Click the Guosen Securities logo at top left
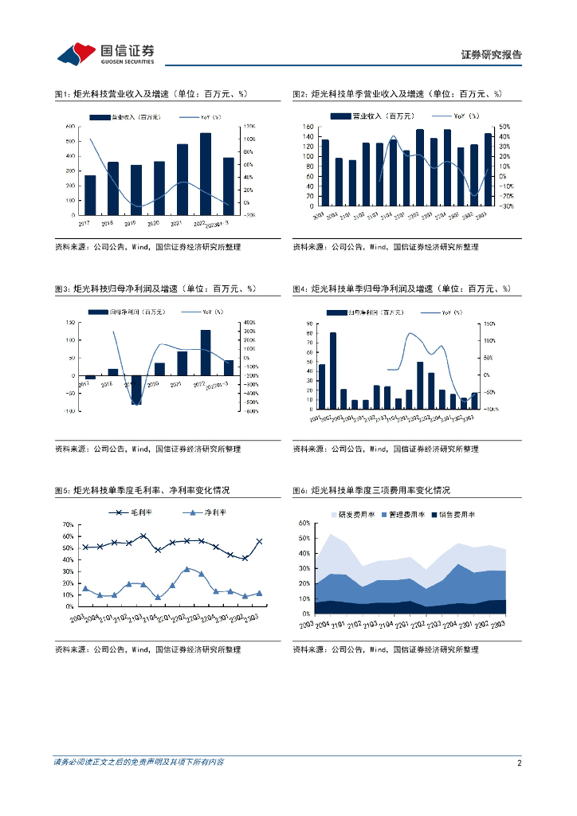[105, 53]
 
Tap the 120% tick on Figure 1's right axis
[248, 127]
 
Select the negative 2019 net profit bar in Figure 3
[136, 390]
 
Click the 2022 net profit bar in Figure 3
[206, 352]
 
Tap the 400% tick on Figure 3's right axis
[249, 322]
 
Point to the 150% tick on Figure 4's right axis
[489, 324]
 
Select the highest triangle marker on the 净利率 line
[186, 569]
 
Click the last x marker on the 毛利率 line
[259, 542]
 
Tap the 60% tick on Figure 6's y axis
[304, 524]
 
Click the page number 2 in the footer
[519, 763]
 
